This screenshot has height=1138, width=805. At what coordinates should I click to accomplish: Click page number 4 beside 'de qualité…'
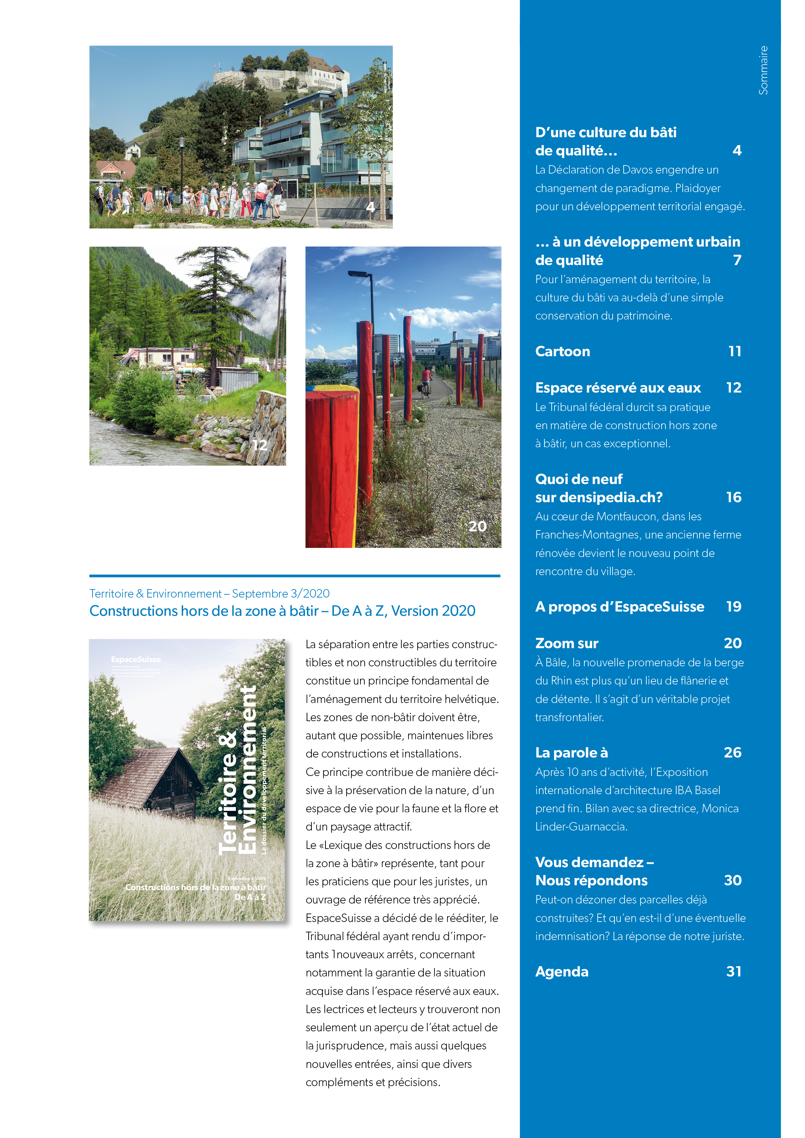(737, 150)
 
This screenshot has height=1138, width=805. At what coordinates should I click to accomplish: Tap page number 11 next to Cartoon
(735, 351)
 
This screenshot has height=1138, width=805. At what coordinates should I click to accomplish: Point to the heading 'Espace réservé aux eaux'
(618, 388)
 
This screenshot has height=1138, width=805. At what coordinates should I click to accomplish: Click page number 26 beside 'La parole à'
(732, 752)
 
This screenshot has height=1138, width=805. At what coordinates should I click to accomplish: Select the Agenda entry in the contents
(562, 972)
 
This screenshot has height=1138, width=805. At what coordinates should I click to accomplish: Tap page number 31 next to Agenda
(734, 972)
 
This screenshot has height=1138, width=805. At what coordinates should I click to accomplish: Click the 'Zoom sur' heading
(567, 643)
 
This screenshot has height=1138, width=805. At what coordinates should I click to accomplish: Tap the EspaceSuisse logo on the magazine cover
(136, 659)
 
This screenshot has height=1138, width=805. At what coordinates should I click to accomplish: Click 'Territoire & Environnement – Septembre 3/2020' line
(209, 593)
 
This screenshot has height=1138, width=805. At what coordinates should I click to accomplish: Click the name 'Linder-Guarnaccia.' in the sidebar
(581, 827)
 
